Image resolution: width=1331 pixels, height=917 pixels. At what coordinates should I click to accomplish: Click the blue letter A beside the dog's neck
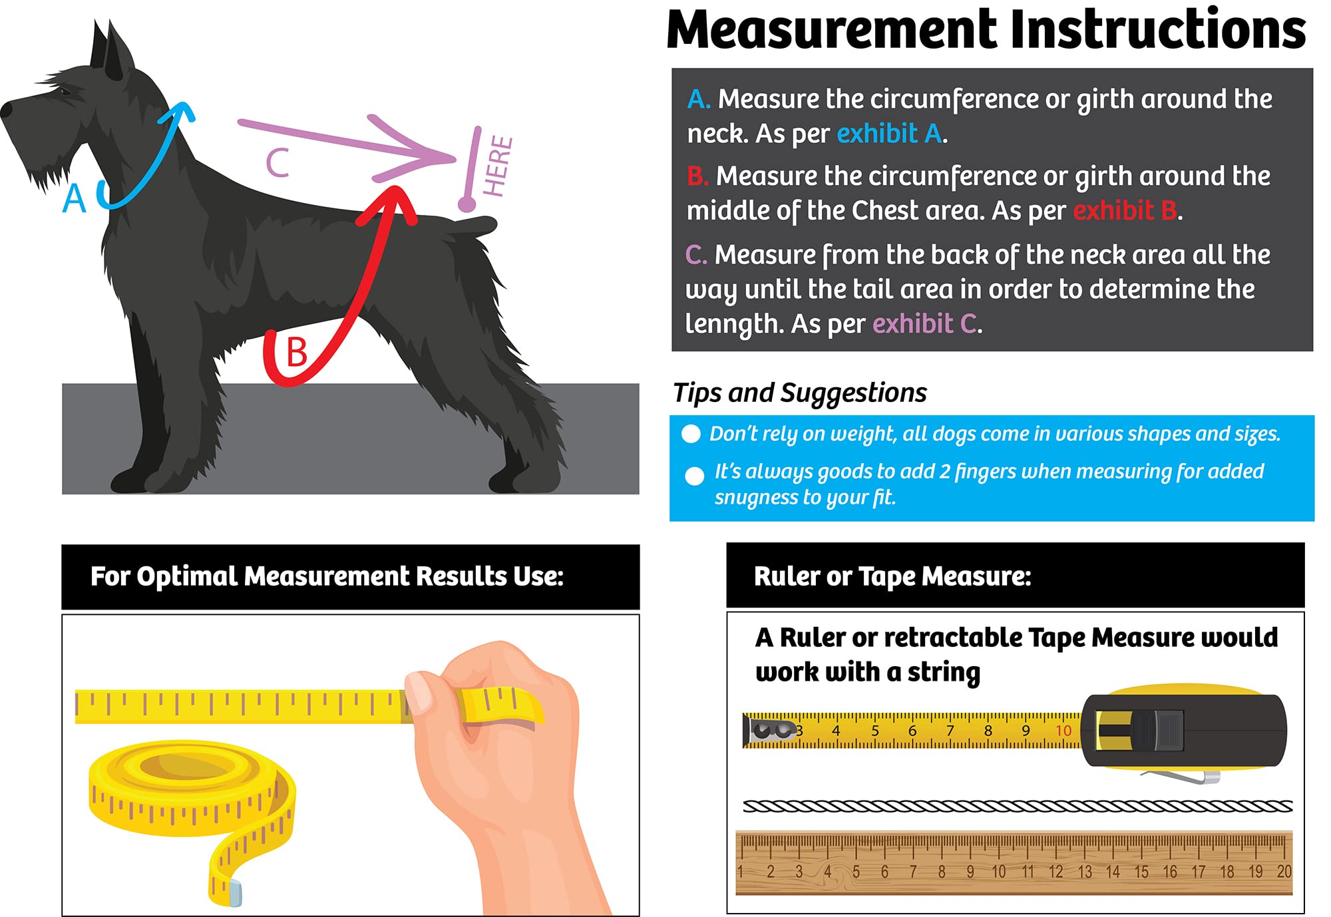tap(75, 198)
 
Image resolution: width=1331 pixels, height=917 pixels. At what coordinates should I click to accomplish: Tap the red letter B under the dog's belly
tap(297, 352)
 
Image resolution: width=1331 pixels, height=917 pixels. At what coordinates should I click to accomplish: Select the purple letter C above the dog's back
tap(278, 163)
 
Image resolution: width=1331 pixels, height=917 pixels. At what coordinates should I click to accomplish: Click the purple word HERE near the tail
tap(498, 166)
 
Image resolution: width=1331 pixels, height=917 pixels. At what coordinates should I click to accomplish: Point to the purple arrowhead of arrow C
tap(426, 154)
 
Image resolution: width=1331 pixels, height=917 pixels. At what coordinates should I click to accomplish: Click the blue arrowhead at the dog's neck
tap(181, 112)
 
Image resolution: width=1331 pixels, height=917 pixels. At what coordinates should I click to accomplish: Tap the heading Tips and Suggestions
tap(799, 393)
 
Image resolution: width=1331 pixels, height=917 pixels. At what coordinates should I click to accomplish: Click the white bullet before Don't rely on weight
tap(691, 434)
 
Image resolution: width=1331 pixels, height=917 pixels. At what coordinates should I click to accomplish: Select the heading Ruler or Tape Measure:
tap(892, 576)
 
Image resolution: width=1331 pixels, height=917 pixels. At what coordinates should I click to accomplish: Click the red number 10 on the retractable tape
tap(1063, 731)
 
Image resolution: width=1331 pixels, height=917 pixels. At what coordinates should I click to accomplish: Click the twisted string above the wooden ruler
tap(1017, 807)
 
